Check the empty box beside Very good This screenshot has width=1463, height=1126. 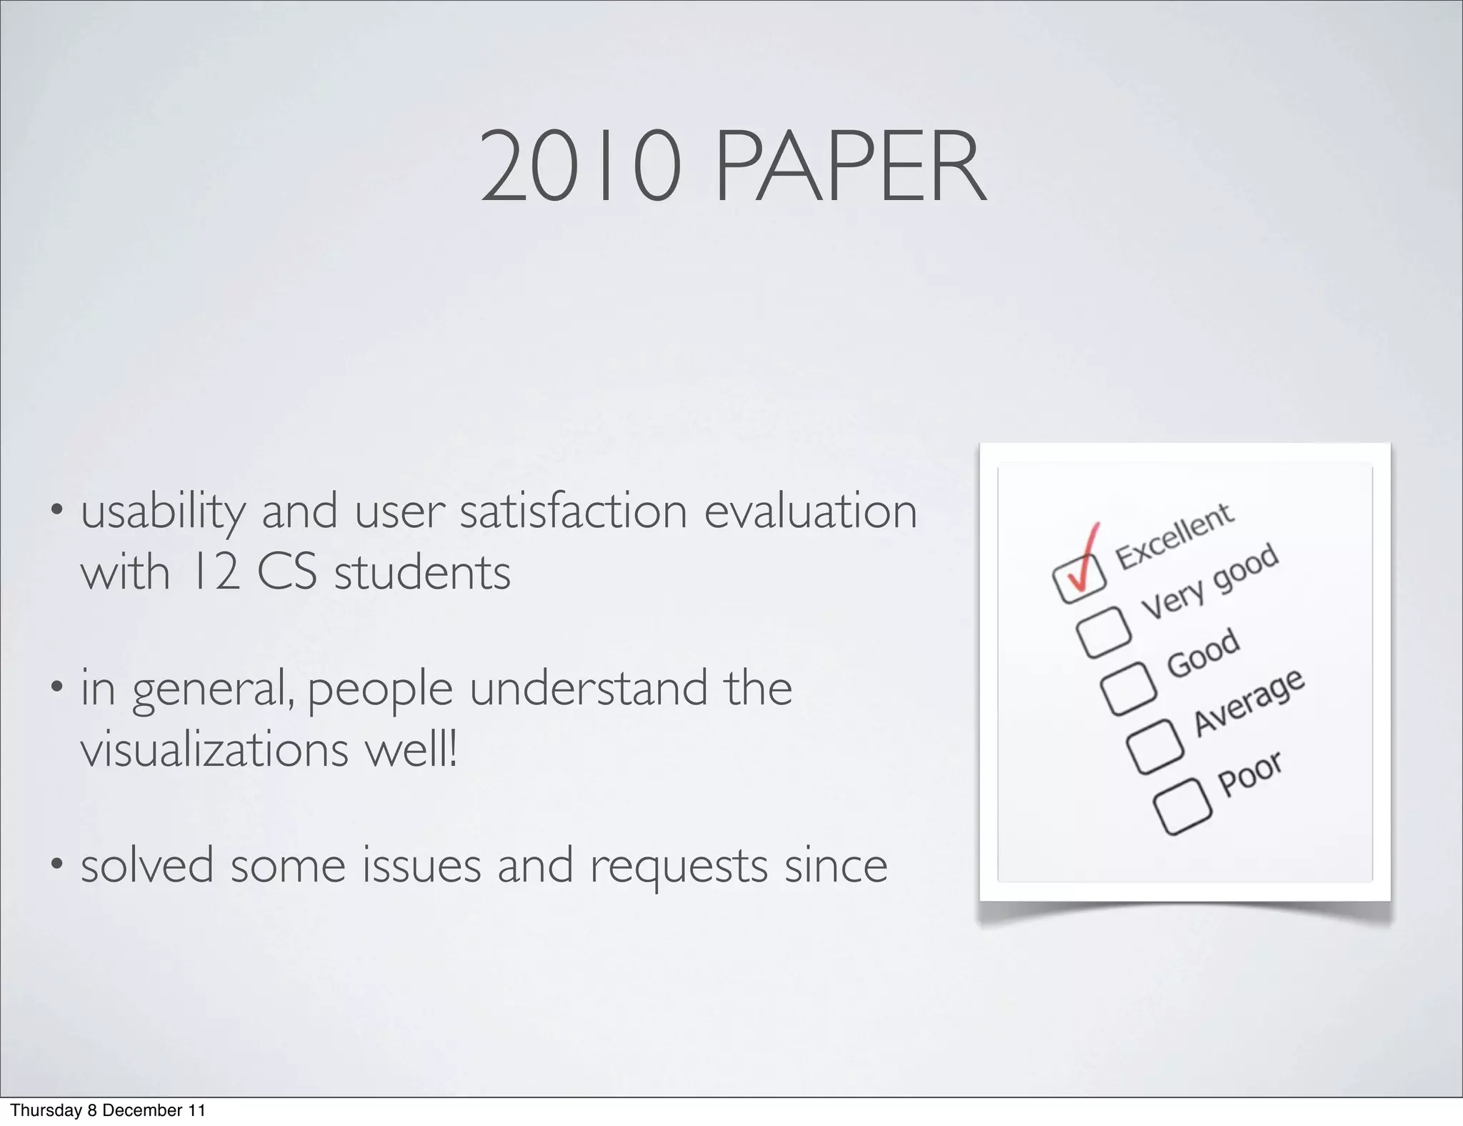click(1104, 631)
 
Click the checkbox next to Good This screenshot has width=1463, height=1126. click(1129, 687)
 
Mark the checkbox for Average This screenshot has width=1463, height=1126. click(1155, 746)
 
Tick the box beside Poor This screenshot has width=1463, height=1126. click(1182, 805)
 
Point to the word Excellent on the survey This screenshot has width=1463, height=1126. click(1175, 535)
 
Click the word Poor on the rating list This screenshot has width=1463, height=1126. click(1250, 773)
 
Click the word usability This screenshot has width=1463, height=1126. click(162, 512)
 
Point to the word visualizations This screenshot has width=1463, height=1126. click(214, 750)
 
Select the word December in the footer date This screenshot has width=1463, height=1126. click(141, 1110)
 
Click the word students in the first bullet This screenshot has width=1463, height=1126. click(422, 572)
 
